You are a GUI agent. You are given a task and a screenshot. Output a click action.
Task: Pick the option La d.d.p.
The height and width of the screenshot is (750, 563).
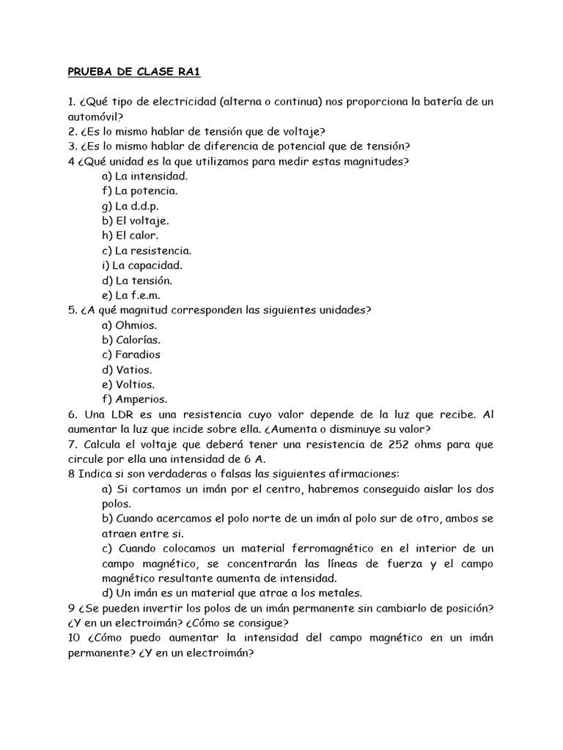point(136,206)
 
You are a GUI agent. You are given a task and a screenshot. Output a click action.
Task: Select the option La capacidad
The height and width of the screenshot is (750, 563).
point(142,265)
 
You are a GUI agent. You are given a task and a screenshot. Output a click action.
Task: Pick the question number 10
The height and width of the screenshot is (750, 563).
point(75,638)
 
